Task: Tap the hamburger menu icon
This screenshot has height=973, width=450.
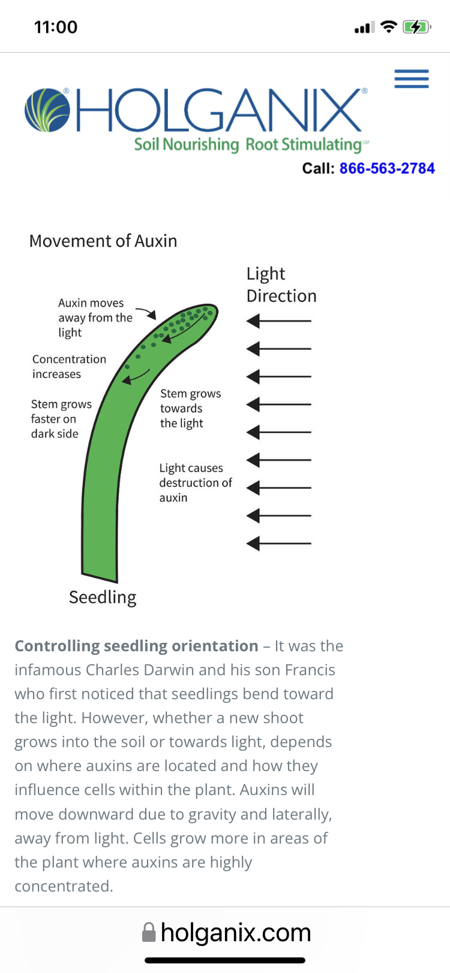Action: (x=411, y=78)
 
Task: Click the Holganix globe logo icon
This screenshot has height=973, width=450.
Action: (x=47, y=110)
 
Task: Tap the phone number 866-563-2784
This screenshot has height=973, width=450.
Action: (x=387, y=168)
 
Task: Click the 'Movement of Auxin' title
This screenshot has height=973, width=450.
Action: (x=103, y=241)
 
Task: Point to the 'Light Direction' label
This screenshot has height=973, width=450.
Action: (x=281, y=285)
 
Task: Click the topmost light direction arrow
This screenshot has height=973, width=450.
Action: (x=278, y=321)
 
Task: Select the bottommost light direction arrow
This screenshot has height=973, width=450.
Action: (x=278, y=543)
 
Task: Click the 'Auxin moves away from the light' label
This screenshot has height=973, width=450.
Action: (x=95, y=318)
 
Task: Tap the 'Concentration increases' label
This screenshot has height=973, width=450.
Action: (x=69, y=367)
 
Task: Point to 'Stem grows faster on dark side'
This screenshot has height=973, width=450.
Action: (x=61, y=419)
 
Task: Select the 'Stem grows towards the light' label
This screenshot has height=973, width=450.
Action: (x=191, y=409)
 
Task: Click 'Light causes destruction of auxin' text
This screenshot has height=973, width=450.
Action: (x=196, y=482)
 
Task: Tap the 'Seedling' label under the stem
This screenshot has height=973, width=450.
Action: (x=103, y=597)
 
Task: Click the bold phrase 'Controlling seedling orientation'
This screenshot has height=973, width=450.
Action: (x=137, y=646)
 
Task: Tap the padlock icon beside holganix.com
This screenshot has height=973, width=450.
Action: (x=149, y=933)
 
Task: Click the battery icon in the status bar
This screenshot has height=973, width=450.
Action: (x=417, y=28)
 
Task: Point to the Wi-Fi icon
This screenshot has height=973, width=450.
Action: (x=389, y=27)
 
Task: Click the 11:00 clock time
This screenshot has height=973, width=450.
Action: (x=56, y=28)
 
